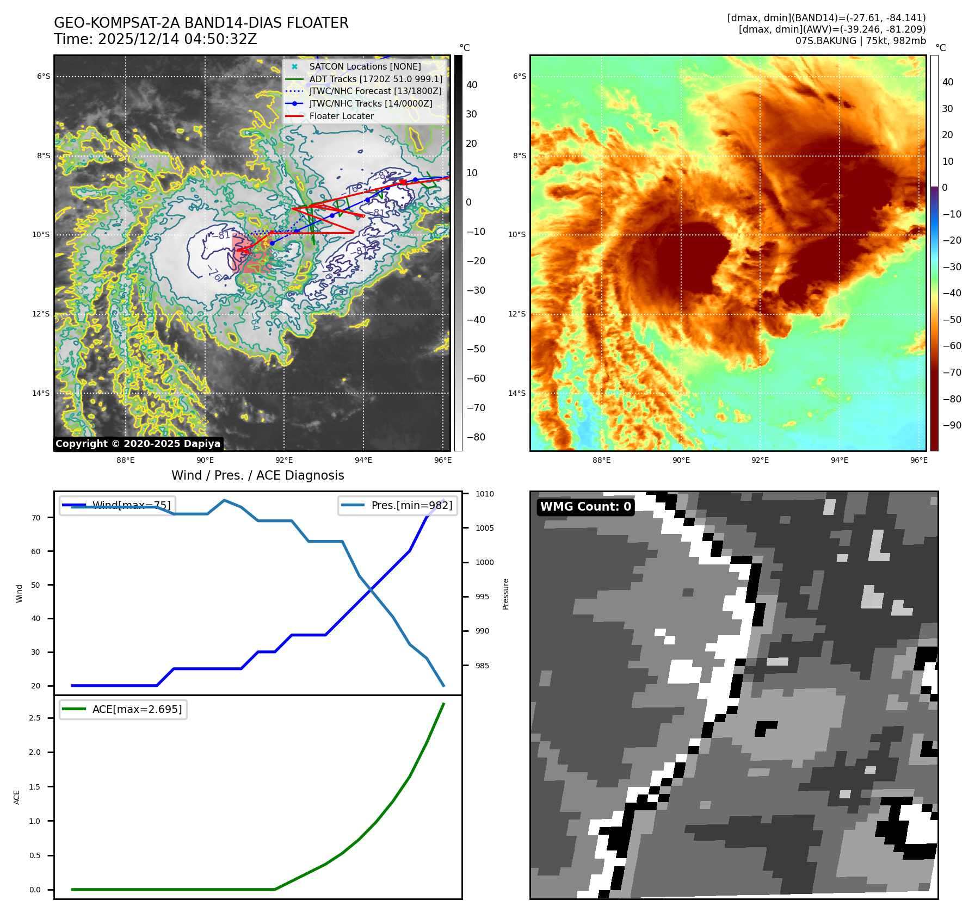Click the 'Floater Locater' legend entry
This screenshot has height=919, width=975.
click(341, 116)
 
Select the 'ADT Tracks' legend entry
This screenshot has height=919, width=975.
click(375, 79)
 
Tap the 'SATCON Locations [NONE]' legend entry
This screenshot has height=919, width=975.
click(365, 66)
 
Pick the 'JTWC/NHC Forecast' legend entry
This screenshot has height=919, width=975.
click(375, 91)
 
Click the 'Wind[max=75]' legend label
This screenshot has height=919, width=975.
click(131, 505)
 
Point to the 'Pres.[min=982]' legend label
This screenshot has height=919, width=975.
click(411, 505)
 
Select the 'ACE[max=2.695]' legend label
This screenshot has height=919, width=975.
click(137, 709)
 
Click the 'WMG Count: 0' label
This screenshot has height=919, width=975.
click(585, 507)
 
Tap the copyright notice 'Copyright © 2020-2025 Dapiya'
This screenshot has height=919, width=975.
click(138, 444)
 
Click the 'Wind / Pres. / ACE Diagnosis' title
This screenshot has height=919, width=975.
click(257, 475)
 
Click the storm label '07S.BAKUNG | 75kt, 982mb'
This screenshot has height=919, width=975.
click(860, 41)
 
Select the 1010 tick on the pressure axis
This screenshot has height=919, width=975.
click(484, 494)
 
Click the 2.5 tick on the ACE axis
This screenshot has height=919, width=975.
click(35, 718)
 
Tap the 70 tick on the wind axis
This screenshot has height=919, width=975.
click(36, 518)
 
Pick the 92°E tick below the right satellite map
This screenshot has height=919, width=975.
click(760, 460)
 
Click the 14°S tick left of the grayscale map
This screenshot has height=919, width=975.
click(41, 393)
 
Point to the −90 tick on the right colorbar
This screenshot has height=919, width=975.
click(952, 425)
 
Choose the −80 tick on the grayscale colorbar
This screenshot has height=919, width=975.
click(476, 437)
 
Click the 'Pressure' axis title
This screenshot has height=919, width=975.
click(505, 594)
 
